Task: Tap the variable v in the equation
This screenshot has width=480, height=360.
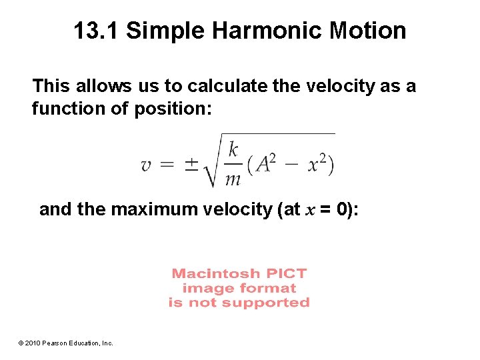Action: (147, 165)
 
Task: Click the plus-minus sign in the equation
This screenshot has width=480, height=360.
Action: (191, 164)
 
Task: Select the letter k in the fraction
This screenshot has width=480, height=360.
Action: (233, 150)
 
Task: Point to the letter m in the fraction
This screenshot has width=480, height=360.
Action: (233, 179)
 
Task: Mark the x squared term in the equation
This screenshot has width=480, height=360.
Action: (317, 164)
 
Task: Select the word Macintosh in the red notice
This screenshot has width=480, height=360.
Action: (207, 273)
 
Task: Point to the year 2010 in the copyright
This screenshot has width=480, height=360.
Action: (34, 343)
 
